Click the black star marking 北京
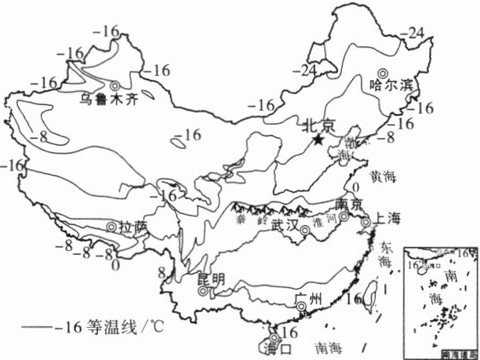coord(318,140)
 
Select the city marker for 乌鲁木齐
coord(116,85)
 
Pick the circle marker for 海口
coord(274,336)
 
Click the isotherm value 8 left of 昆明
coord(162,273)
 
